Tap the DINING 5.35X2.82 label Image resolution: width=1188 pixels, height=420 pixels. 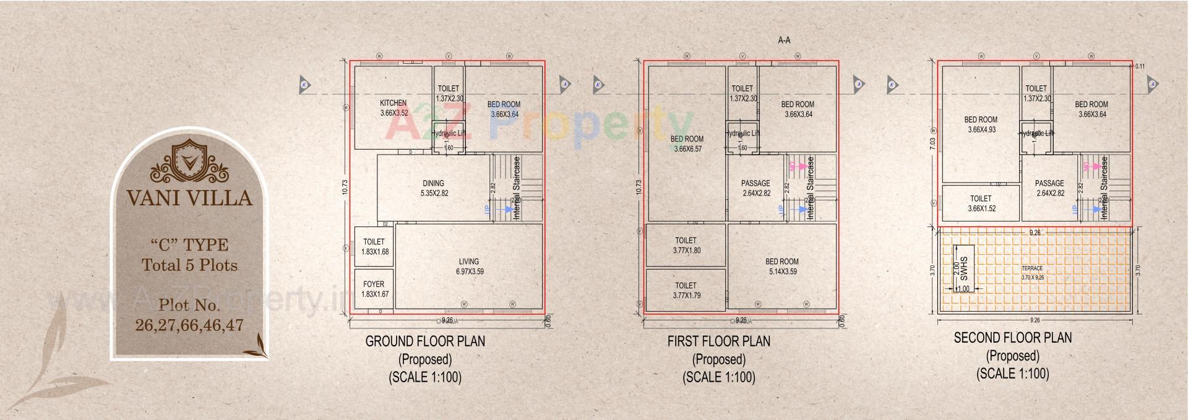[433, 188]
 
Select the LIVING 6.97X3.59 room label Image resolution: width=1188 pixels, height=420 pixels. [469, 266]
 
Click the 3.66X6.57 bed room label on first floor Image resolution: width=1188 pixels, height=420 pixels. [687, 144]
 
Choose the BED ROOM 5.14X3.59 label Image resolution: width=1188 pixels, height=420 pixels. [782, 266]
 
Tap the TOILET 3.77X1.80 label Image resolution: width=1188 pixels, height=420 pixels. [686, 245]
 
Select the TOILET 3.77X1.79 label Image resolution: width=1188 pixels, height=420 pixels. [686, 290]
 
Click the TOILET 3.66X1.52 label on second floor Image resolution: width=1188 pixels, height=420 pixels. [981, 204]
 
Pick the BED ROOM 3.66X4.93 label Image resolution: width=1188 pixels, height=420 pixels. [981, 124]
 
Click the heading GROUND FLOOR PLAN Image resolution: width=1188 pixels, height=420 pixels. [425, 341]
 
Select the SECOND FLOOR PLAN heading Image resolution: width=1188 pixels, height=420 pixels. [1012, 338]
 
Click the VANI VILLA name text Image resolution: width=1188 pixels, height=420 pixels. [189, 198]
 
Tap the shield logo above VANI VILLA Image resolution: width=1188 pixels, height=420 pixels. [189, 157]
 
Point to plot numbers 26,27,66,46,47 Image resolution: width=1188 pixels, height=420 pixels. [189, 325]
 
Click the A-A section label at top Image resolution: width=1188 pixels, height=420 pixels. [784, 40]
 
